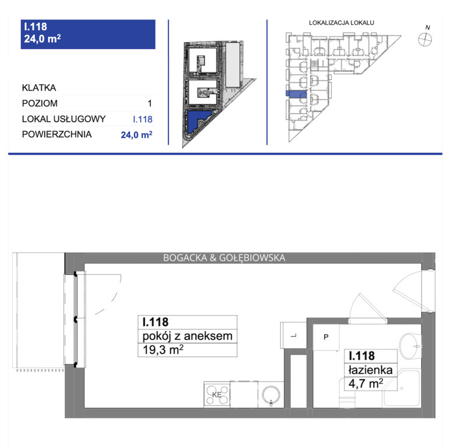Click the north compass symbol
pos(425,40)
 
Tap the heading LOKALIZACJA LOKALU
pos(342,23)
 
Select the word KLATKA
pos(39,87)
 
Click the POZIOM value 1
pos(149,103)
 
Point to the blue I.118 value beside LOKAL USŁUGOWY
pos(142,119)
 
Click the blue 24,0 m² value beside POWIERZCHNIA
pos(136,135)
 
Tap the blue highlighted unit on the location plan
pos(296,93)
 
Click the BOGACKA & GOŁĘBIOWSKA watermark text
pos(224,258)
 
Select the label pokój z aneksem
pos(187,336)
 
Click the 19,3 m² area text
pos(163,350)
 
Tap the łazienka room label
pos(370,370)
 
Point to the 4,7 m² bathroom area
pos(366,383)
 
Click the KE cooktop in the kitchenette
pos(217,394)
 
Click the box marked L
pos(294,335)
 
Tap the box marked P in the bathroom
pos(326,337)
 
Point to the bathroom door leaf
pos(373,307)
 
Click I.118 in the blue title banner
pos(36,27)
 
